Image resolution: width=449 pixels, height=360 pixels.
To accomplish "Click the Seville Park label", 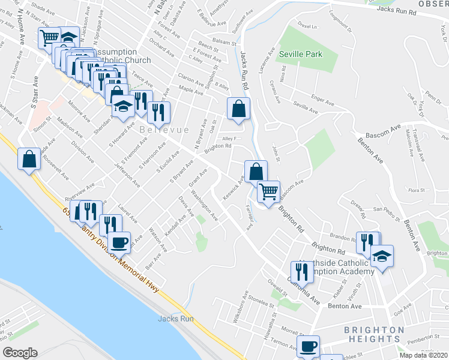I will tap(301, 54).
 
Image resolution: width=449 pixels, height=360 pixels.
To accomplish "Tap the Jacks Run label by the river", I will tap(176, 319).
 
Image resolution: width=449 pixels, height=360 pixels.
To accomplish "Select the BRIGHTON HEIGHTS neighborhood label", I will tap(374, 334).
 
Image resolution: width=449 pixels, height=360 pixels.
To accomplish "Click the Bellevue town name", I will tap(164, 130).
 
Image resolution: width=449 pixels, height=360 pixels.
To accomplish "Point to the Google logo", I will tap(20, 353).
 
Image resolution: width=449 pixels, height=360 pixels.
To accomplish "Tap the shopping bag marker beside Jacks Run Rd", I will tap(238, 109).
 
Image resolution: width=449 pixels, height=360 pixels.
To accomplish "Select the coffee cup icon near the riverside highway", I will tap(119, 242).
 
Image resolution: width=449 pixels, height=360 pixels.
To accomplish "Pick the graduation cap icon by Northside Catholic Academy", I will tap(382, 256).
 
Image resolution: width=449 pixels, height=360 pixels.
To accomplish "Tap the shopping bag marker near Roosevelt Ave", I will tap(29, 160).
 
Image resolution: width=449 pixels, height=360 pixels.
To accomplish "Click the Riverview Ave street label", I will tap(78, 185).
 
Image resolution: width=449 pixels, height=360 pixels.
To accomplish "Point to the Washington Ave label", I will tap(205, 204).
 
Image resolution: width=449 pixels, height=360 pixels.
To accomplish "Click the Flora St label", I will tap(416, 190).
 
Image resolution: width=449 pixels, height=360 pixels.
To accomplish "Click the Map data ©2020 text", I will tap(424, 355).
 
